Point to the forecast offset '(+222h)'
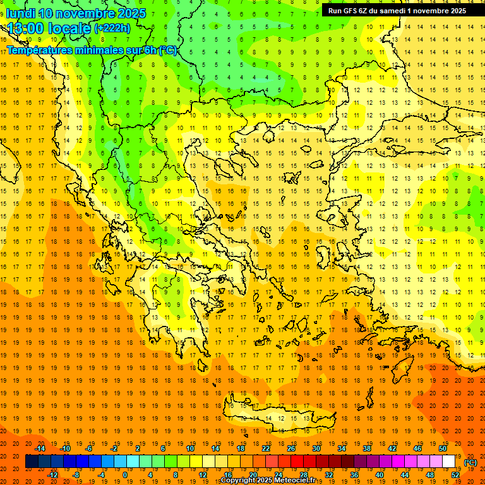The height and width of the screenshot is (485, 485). pyautogui.click(x=112, y=28)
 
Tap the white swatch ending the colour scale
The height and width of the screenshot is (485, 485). pyautogui.click(x=448, y=462)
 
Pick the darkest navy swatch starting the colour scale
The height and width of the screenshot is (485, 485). pyautogui.click(x=32, y=462)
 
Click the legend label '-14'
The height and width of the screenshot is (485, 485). pyautogui.click(x=40, y=448)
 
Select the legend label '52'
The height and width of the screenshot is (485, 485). pyautogui.click(x=455, y=475)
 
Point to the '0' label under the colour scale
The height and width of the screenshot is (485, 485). pyautogui.click(x=125, y=475)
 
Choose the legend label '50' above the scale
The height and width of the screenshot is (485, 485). pyautogui.click(x=442, y=448)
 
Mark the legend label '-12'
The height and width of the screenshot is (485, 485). pyautogui.click(x=52, y=475)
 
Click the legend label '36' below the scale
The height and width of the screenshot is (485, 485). pyautogui.click(x=354, y=475)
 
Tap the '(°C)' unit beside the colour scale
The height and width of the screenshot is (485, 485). pyautogui.click(x=470, y=462)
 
